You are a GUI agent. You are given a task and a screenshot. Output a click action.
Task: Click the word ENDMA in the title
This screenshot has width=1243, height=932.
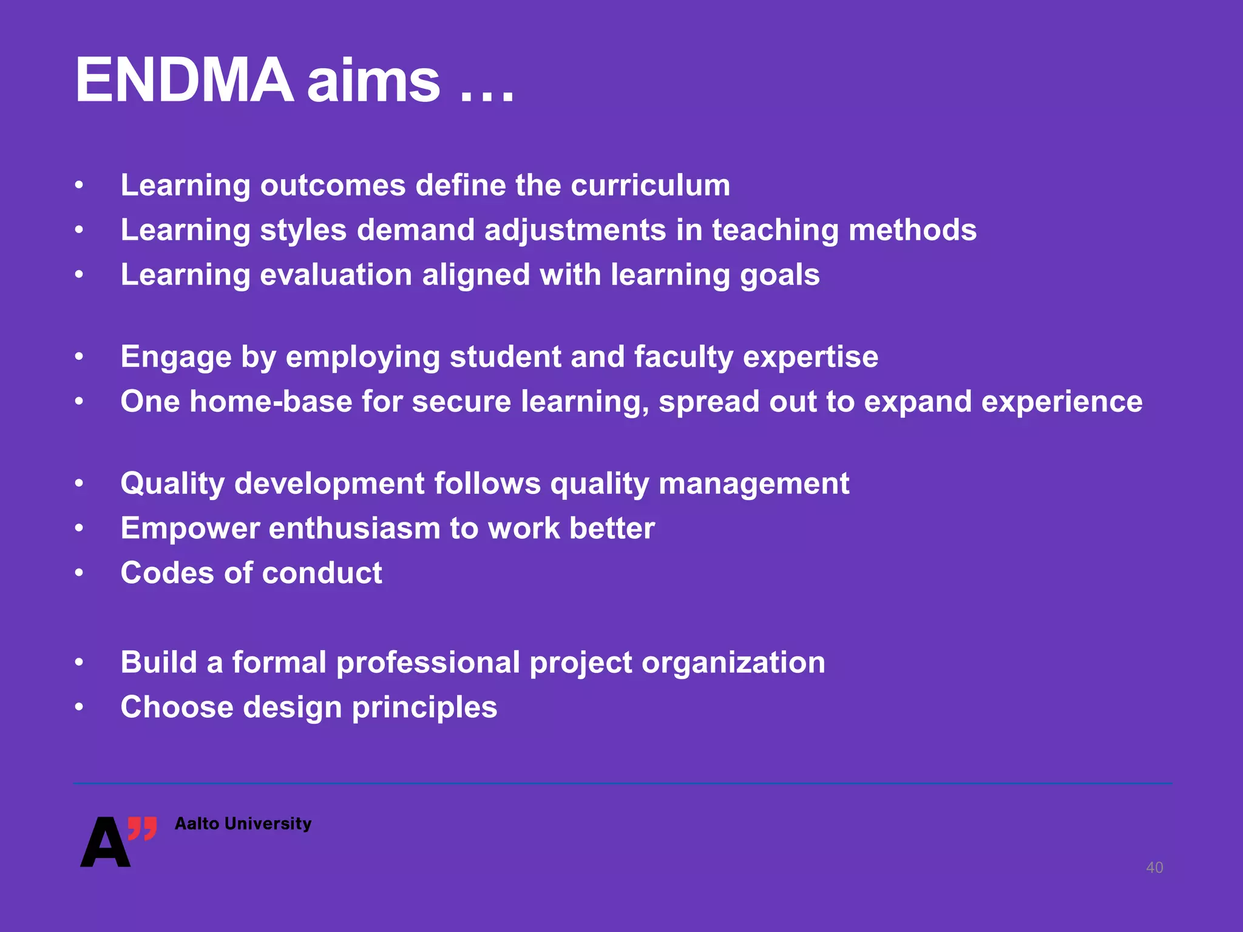click(184, 81)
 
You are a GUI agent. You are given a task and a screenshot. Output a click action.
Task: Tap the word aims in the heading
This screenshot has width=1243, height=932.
click(373, 81)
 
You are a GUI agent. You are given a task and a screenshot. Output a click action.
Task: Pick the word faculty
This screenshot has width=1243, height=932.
click(683, 357)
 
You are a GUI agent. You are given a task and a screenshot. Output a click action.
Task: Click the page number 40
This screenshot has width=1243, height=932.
click(1154, 868)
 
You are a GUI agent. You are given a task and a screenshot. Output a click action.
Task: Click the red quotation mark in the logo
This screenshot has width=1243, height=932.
click(143, 828)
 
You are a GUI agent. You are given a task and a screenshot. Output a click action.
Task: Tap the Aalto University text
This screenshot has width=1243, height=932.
click(243, 823)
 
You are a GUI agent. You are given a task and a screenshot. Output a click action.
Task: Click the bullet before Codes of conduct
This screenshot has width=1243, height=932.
click(79, 573)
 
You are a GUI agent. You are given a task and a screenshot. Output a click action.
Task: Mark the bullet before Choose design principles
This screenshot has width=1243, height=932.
click(79, 707)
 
